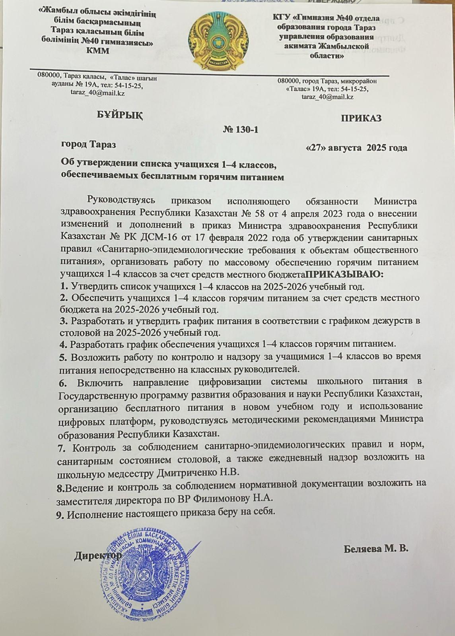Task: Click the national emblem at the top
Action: tap(216, 42)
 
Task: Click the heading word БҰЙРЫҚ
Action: tap(120, 115)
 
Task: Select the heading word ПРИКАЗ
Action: tap(361, 118)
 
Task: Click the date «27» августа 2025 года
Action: tap(356, 148)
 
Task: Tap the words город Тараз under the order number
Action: tap(88, 144)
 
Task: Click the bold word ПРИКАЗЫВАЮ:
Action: tap(344, 274)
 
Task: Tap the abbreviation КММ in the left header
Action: tap(97, 51)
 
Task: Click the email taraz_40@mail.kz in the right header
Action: tap(328, 97)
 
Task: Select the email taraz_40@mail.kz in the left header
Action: tap(97, 93)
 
